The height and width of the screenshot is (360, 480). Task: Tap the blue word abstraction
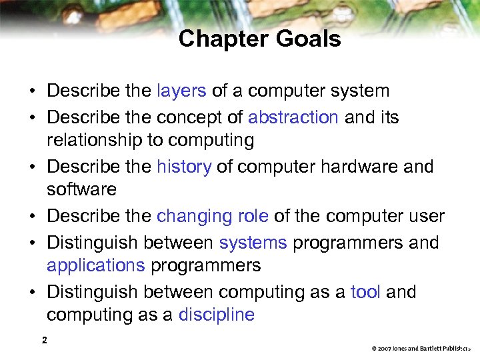[293, 117]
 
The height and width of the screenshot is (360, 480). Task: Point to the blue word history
[183, 167]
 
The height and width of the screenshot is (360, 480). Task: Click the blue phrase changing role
[213, 217]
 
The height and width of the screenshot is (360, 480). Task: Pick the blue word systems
[253, 243]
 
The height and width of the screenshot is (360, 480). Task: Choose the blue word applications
[95, 265]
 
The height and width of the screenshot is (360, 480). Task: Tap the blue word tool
[366, 292]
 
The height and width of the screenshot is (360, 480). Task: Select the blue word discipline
[216, 315]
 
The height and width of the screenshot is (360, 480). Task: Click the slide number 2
[44, 341]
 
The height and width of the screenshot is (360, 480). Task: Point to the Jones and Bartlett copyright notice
[421, 348]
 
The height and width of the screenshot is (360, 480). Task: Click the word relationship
[105, 140]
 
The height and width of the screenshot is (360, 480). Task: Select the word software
[81, 189]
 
